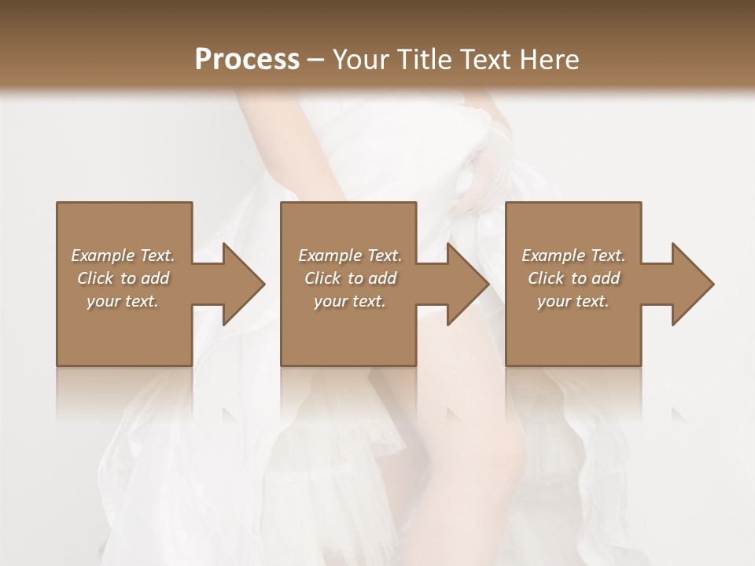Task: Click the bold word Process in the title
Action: (247, 60)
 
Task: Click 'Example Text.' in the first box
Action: (123, 255)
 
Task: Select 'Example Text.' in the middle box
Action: (350, 255)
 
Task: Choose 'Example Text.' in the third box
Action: (573, 255)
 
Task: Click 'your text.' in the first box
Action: (123, 301)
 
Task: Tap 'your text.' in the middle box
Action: (350, 301)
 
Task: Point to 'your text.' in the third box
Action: (573, 301)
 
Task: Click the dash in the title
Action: (316, 60)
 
